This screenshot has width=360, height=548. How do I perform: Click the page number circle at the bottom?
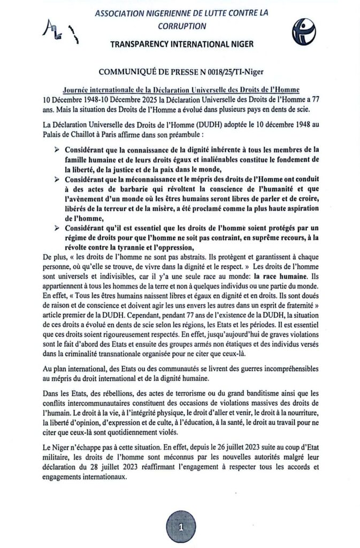click(x=181, y=526)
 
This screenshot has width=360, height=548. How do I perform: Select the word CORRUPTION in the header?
click(x=180, y=25)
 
